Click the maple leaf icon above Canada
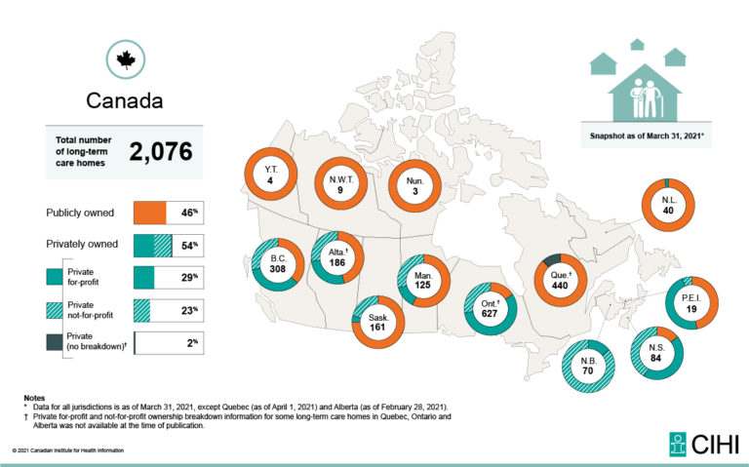(126, 60)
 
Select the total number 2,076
(161, 152)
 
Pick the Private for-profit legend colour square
(55, 277)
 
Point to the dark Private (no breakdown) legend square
(55, 342)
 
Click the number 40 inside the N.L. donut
(668, 211)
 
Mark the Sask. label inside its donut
(378, 318)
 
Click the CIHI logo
(703, 444)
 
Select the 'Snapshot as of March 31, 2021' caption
(647, 136)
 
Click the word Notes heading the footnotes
(34, 398)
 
